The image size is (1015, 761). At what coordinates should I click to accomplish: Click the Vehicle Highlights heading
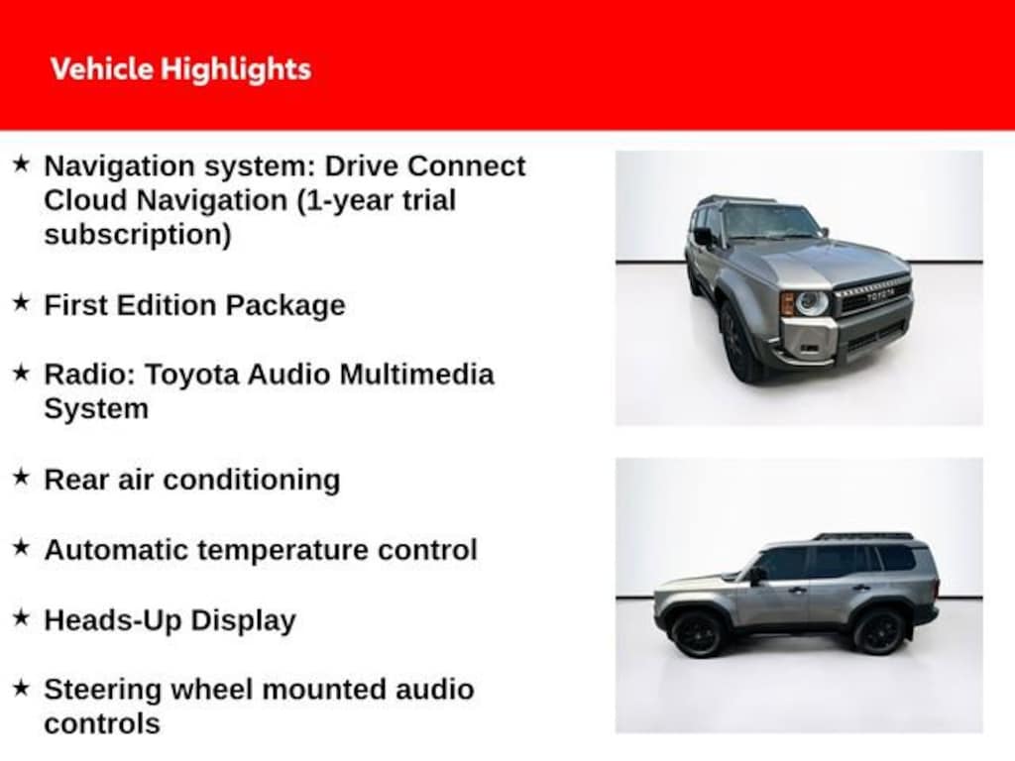pos(180,69)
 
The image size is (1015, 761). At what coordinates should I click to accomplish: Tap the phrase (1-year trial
pos(377,200)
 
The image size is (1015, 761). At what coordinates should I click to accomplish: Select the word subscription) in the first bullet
pos(138,235)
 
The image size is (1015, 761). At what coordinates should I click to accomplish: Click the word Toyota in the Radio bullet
pos(191,376)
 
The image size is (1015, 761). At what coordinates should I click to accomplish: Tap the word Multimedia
pos(416,375)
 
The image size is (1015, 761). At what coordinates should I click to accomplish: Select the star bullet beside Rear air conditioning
pos(22,478)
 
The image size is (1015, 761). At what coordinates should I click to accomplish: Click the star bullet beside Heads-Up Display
pos(22,618)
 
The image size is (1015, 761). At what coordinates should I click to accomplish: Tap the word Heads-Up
pos(113,620)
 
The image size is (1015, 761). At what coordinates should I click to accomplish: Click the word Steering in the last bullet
pos(103,691)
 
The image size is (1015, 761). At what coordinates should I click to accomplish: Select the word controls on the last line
pos(102,724)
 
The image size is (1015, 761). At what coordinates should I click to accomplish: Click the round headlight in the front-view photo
pos(812,303)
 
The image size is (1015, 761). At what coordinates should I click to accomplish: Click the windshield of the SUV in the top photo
pos(770,222)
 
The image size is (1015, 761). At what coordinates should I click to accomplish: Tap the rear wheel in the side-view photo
pos(878,631)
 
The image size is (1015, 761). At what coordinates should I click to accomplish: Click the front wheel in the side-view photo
pos(697,634)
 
